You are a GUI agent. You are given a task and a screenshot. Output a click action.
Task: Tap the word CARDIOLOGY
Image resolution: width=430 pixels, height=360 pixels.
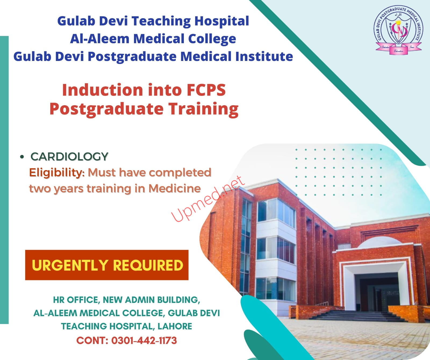click(x=69, y=157)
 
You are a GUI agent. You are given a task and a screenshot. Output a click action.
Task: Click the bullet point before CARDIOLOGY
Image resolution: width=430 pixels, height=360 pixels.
click(x=22, y=157)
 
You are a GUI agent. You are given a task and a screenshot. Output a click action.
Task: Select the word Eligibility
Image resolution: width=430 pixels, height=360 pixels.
click(x=57, y=173)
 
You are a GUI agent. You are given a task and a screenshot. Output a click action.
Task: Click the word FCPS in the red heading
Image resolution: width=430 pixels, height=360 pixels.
click(x=206, y=90)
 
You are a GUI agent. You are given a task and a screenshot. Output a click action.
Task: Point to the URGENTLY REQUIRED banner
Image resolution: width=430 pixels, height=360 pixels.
click(x=107, y=265)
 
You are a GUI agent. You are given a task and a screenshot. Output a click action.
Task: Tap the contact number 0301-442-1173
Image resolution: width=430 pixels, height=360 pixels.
click(x=144, y=340)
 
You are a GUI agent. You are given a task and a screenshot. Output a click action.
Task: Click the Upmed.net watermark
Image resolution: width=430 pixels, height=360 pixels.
click(x=208, y=199)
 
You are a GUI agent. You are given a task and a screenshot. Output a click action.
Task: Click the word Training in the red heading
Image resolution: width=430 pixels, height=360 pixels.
click(x=203, y=109)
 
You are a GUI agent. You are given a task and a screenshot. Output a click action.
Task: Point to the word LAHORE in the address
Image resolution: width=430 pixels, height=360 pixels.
click(x=175, y=326)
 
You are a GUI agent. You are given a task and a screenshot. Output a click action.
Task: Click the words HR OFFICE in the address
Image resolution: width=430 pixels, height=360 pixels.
click(x=76, y=300)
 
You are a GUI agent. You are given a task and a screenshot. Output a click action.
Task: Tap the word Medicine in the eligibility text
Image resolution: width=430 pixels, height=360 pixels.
click(x=175, y=188)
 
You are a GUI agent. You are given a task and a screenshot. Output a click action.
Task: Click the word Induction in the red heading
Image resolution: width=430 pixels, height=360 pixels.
click(x=102, y=90)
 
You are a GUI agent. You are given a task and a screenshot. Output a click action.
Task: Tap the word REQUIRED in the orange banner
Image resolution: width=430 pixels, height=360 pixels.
click(x=148, y=265)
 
